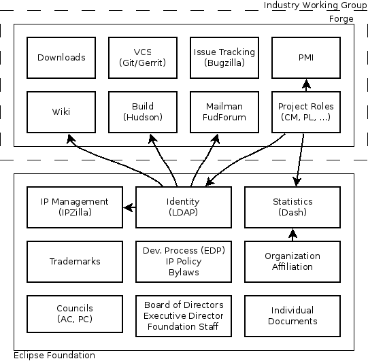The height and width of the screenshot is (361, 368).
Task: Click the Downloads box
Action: click(x=61, y=58)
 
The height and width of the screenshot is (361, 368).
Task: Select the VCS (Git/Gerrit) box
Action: click(x=143, y=58)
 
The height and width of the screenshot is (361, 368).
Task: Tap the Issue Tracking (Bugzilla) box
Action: click(x=224, y=58)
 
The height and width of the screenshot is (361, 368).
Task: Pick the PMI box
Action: click(x=306, y=58)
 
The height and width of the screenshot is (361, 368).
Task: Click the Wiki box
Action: click(x=61, y=112)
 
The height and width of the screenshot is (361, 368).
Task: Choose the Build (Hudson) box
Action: click(x=143, y=112)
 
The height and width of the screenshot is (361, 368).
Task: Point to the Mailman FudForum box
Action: click(x=224, y=112)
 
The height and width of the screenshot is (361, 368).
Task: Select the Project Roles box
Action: click(x=306, y=112)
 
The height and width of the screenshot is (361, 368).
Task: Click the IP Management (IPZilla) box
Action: click(x=75, y=207)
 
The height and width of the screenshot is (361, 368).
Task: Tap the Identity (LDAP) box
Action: click(x=184, y=207)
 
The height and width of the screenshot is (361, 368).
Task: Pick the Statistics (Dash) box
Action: click(x=292, y=207)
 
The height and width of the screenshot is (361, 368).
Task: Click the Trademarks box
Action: click(x=75, y=262)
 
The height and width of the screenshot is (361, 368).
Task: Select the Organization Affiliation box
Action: click(x=292, y=262)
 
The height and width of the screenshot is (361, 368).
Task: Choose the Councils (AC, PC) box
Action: click(x=75, y=314)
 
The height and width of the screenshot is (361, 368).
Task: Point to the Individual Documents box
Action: click(x=292, y=316)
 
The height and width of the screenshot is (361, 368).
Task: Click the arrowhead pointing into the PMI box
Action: click(x=306, y=84)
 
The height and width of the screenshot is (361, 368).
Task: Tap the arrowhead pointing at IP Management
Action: click(x=128, y=207)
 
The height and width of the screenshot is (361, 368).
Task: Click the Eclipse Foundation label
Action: click(x=54, y=356)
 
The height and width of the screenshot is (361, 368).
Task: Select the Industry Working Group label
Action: click(x=315, y=5)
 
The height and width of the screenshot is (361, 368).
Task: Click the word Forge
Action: click(x=341, y=19)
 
